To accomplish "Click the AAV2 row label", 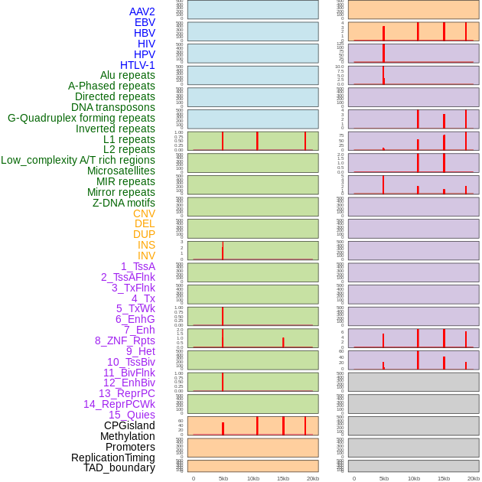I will tap(142, 11).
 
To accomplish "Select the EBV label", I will tap(145, 22).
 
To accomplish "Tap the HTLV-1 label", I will tap(138, 65).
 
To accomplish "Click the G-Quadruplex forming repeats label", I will tap(81, 118).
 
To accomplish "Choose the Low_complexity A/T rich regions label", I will tap(78, 160).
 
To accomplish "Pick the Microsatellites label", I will tap(121, 171).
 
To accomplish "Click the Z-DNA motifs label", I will tap(124, 203).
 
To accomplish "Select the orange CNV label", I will tap(144, 213).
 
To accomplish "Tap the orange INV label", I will tap(146, 256).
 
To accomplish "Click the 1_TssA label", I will tap(138, 266).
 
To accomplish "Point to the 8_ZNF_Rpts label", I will tap(125, 340).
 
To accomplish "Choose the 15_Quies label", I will tap(132, 415).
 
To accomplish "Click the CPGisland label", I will tap(129, 425).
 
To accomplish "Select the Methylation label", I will tap(127, 436).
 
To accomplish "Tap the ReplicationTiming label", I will tap(113, 458).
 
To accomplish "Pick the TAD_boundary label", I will tap(119, 467).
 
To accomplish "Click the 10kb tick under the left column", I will tap(252, 478).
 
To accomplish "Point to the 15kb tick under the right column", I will tap(444, 478).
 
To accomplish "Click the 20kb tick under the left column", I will tap(312, 478).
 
